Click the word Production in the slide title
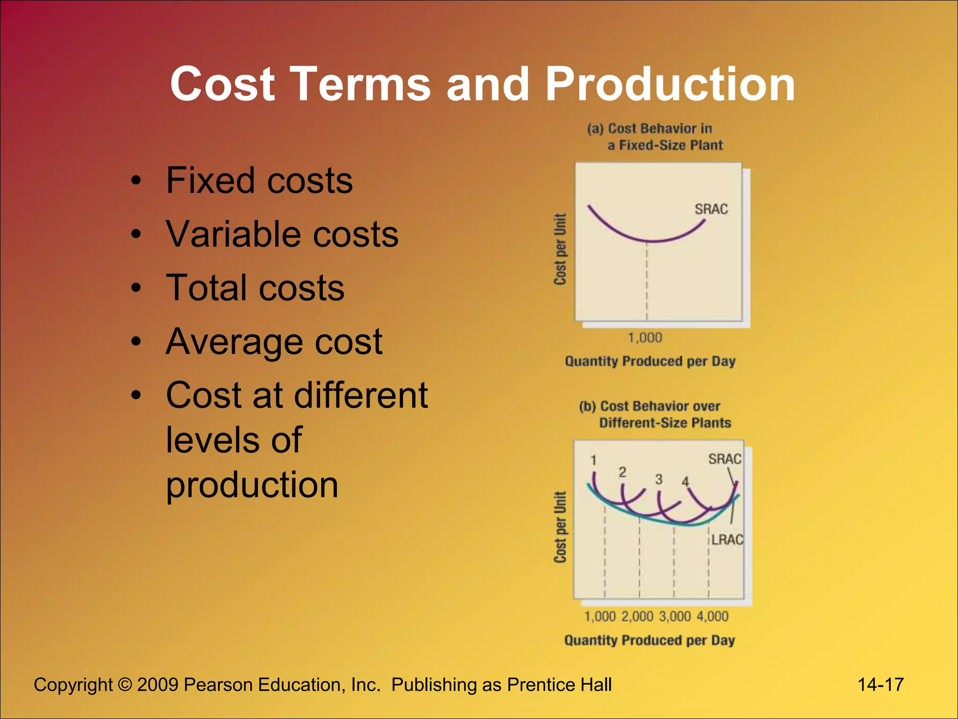tap(670, 84)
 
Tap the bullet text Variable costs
tap(282, 234)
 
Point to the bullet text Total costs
tap(255, 287)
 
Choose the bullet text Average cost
tap(274, 342)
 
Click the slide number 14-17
tap(880, 685)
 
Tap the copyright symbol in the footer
tap(125, 685)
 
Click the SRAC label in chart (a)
tap(711, 209)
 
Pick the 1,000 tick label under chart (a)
tap(645, 337)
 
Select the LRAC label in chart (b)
tap(727, 540)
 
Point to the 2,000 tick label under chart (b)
tap(637, 616)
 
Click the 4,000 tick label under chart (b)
tap(712, 616)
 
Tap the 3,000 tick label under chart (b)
tap(675, 616)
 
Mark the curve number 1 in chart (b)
tap(593, 461)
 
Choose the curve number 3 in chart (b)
tap(659, 479)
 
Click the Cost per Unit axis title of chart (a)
tap(560, 249)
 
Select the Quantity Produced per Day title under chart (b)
tap(649, 640)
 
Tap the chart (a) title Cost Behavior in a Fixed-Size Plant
tap(655, 137)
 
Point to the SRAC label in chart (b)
tap(725, 459)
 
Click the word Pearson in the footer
tap(218, 685)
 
